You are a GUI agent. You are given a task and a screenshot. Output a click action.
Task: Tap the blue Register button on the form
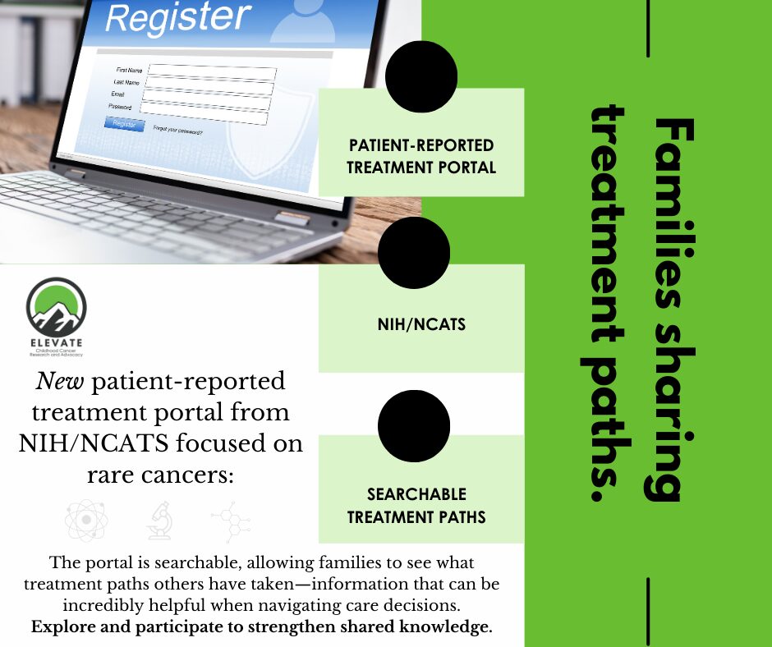124,124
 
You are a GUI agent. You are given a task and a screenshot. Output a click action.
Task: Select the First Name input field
212,72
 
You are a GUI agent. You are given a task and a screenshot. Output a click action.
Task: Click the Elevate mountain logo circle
56,306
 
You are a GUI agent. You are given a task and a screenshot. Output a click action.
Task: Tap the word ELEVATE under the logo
56,342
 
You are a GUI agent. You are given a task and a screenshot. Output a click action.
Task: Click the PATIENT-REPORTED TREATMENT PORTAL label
420,156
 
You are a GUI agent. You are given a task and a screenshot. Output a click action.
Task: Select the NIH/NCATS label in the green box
420,324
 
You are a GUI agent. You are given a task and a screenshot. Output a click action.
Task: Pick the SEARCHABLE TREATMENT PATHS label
416,506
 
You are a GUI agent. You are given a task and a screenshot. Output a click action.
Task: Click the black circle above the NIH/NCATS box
415,253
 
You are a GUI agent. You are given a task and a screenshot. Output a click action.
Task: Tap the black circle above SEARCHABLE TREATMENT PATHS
414,426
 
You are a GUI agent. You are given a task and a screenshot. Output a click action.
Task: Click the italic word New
61,382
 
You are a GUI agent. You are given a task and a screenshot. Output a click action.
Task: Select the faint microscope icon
158,521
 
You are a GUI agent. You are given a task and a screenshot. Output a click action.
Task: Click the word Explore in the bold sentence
65,627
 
